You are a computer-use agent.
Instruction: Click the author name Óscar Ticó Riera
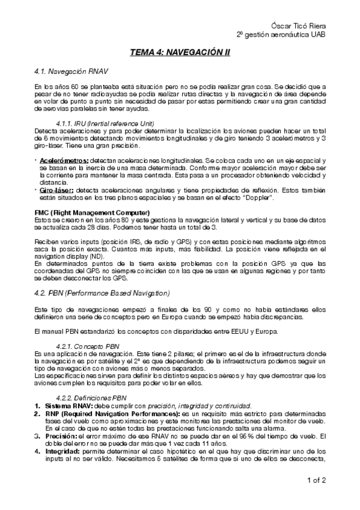(x=303, y=27)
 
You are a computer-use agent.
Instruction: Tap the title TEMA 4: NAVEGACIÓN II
(x=180, y=54)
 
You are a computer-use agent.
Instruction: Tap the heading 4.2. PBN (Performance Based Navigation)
(x=102, y=293)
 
